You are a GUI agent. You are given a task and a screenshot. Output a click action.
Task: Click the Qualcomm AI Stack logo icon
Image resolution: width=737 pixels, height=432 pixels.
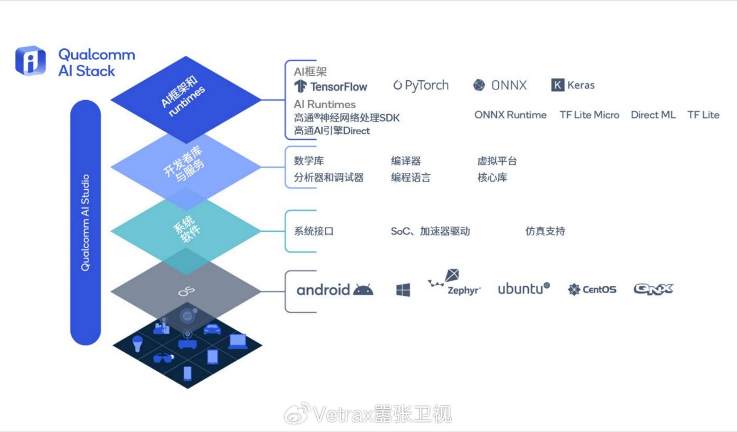[x=30, y=61]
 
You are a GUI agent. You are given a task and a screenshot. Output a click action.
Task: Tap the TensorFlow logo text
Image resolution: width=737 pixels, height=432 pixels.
[x=331, y=87]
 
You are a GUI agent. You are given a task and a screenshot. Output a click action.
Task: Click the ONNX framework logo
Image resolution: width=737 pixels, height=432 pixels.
[x=500, y=86]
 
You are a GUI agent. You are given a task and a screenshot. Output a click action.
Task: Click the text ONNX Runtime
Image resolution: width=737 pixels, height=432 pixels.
[x=510, y=115]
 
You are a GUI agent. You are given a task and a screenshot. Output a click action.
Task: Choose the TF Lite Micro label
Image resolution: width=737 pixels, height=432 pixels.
[x=589, y=115]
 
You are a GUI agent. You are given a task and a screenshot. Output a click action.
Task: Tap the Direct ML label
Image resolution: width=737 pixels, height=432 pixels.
[x=653, y=115]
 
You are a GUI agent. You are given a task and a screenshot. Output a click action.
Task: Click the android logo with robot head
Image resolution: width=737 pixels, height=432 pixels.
[x=335, y=289]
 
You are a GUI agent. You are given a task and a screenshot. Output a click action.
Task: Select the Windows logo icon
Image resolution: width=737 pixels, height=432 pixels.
[x=403, y=290]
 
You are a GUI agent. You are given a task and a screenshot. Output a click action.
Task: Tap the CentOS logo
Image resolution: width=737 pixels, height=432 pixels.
[x=592, y=289]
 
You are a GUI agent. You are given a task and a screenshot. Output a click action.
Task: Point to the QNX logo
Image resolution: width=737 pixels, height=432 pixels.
[x=653, y=289]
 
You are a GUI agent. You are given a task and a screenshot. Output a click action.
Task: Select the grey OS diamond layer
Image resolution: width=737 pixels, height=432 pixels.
[x=186, y=290]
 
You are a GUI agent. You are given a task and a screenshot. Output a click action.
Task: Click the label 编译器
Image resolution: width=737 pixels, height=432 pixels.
[x=406, y=161]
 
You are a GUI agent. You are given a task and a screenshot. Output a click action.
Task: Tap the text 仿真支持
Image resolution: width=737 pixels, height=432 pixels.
[x=545, y=231]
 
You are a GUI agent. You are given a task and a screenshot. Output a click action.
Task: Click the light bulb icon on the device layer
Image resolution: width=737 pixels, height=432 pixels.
[x=138, y=343]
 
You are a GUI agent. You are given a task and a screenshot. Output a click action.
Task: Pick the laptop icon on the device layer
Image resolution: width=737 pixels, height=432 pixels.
[x=238, y=342]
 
